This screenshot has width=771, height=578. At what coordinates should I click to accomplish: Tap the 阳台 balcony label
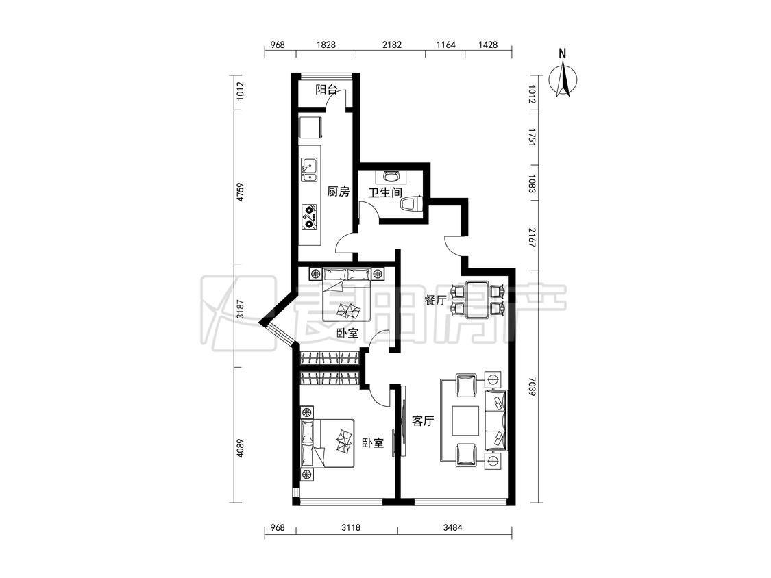click(x=326, y=90)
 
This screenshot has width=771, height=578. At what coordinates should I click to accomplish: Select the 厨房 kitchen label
click(x=339, y=191)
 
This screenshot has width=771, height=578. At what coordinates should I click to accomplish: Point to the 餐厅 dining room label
click(x=435, y=300)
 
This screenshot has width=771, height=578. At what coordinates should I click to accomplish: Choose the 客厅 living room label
click(x=423, y=420)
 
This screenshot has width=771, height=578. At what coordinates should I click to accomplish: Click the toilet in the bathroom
click(x=412, y=204)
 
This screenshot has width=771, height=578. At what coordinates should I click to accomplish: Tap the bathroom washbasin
click(x=391, y=176)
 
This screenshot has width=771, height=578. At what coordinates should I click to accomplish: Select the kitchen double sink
click(x=309, y=170)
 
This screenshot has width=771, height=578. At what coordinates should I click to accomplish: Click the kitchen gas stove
click(x=309, y=216)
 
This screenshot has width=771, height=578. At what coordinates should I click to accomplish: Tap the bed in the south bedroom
click(x=328, y=443)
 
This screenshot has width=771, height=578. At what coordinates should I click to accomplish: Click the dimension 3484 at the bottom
click(x=452, y=528)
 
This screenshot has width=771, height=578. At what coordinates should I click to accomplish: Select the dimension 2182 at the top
click(x=392, y=45)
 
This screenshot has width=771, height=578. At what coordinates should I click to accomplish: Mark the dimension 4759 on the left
click(x=239, y=192)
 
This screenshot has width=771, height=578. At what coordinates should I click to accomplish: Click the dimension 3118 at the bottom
click(x=351, y=528)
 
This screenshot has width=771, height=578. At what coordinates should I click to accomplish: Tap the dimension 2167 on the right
click(x=532, y=238)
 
